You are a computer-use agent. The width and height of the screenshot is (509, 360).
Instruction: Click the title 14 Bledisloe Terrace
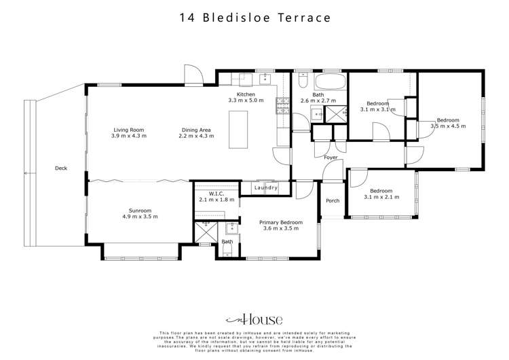click(254, 18)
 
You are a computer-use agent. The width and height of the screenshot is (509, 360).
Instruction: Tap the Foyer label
click(331, 158)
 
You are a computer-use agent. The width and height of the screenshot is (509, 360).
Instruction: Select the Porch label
click(333, 201)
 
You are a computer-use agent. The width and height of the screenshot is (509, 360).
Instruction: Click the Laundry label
click(265, 187)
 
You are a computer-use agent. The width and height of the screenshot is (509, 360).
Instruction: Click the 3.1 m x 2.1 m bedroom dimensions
click(381, 198)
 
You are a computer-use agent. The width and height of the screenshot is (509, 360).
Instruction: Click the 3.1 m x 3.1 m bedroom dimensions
click(378, 109)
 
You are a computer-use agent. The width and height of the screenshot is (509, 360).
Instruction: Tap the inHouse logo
click(254, 319)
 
